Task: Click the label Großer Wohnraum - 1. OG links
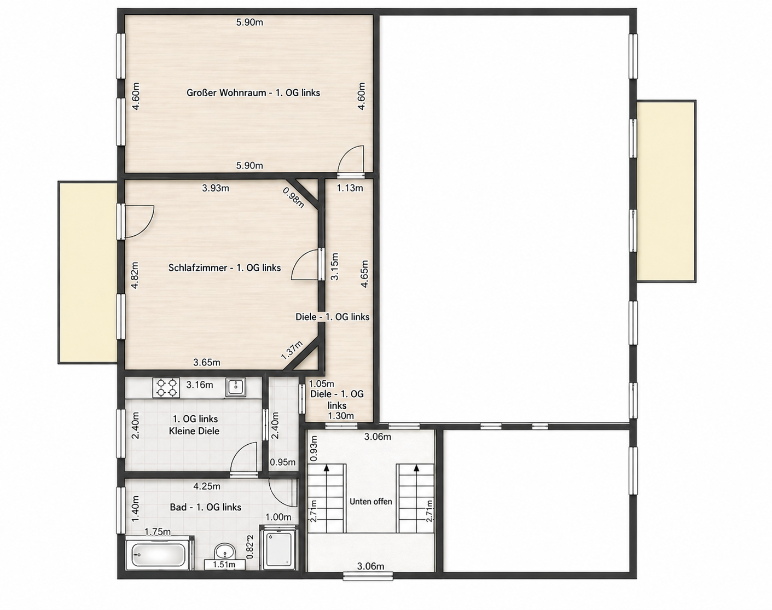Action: (253, 92)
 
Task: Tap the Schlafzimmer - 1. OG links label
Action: (224, 268)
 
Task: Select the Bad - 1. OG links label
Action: (206, 507)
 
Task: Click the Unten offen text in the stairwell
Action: (371, 501)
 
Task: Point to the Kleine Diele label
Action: (194, 431)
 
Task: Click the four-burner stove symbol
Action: (166, 387)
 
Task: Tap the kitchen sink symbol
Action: (236, 387)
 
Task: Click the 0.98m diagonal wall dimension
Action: (293, 197)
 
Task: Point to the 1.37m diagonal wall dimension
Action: (291, 350)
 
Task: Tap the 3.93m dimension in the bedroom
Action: (216, 188)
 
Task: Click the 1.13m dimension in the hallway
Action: (350, 188)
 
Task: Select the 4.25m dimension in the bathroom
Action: (207, 486)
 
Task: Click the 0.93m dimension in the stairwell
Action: (314, 449)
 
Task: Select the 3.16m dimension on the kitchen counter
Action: (200, 385)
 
